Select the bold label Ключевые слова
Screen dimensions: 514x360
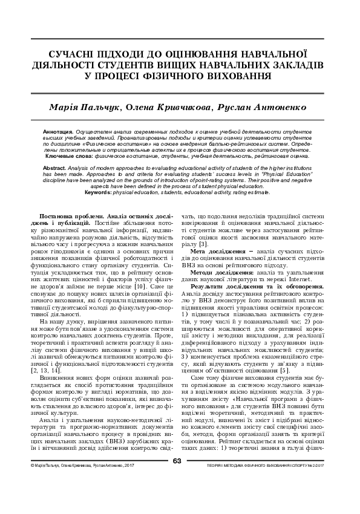(66, 156)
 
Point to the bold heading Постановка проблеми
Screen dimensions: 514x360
(70, 216)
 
